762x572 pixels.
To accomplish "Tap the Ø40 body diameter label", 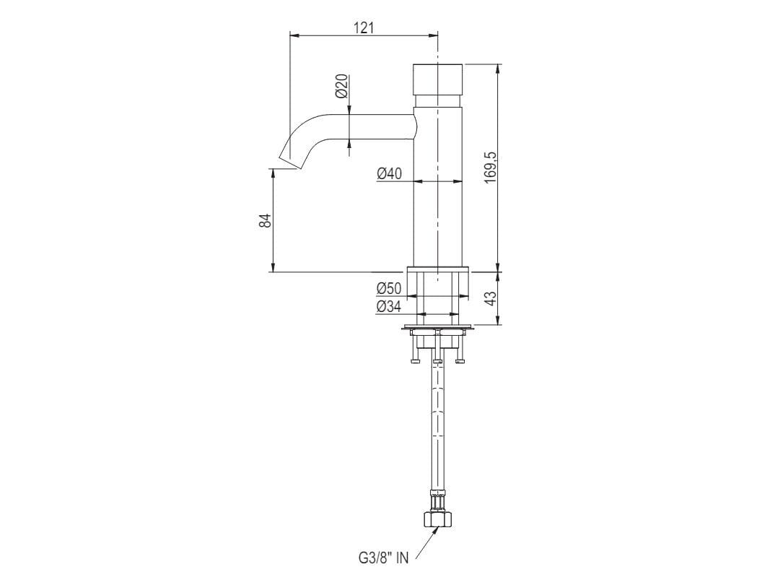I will point(390,173).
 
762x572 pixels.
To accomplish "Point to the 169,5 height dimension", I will point(491,167).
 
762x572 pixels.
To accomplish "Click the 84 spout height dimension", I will point(265,221).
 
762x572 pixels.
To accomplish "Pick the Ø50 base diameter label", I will point(389,288).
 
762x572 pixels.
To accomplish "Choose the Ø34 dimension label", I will point(389,307).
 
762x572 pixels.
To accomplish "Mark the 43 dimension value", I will point(491,298).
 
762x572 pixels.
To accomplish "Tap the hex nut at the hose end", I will point(437,519).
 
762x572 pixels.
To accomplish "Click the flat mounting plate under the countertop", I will point(438,329).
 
